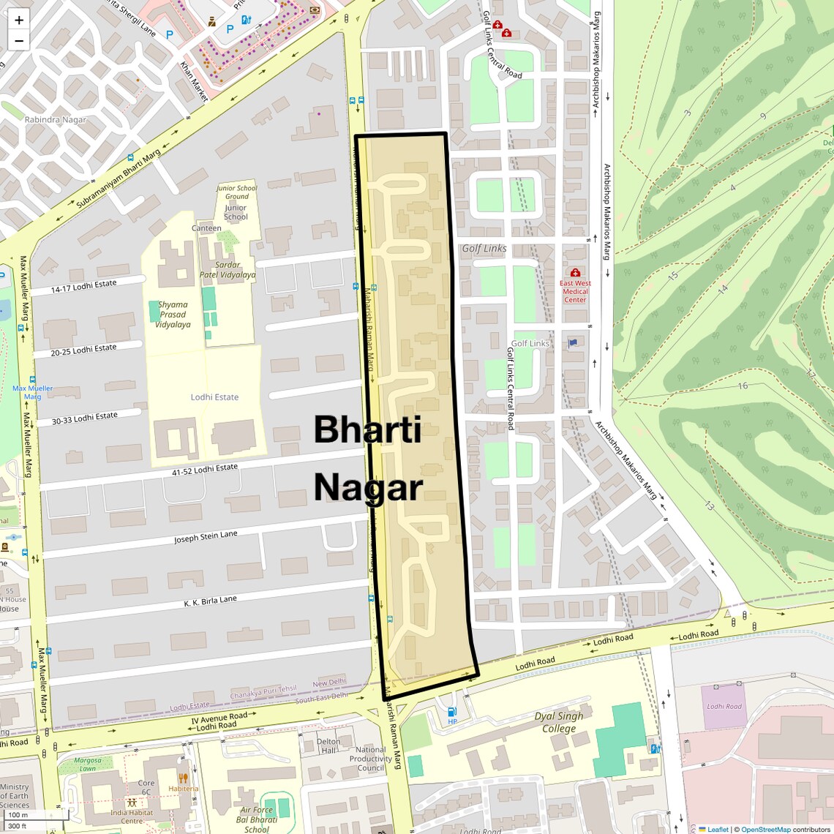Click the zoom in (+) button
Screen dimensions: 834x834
click(x=19, y=20)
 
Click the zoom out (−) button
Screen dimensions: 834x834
click(x=19, y=40)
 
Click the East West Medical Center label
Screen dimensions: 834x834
click(x=575, y=290)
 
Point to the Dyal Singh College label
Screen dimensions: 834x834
click(x=559, y=722)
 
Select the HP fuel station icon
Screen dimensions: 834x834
click(x=452, y=712)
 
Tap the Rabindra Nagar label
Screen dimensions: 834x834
click(x=55, y=119)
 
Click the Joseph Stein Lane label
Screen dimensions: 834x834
click(x=206, y=538)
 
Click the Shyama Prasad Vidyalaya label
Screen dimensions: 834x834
click(x=173, y=315)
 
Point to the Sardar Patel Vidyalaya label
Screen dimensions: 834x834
click(x=228, y=270)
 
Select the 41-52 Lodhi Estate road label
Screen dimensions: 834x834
click(x=205, y=470)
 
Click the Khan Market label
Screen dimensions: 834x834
click(x=194, y=81)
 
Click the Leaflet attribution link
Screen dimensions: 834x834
click(x=718, y=829)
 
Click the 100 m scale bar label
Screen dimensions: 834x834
click(x=18, y=814)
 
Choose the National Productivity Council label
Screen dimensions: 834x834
click(x=371, y=759)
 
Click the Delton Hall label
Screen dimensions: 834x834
click(x=328, y=745)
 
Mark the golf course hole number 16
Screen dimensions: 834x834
click(x=743, y=386)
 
